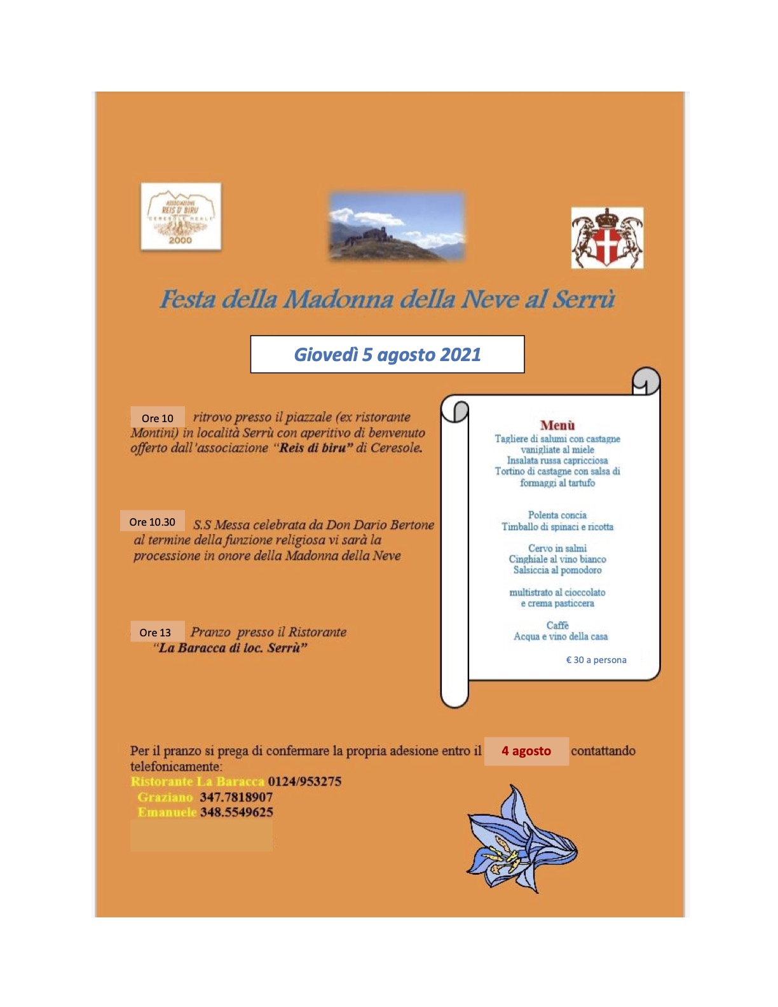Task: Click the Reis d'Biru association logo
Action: pos(181,217)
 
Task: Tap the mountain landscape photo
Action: pos(397,226)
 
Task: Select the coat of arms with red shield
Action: pos(607,238)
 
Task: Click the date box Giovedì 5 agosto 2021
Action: pos(387,354)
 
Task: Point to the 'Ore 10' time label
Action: pos(158,418)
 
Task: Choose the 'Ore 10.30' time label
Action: pos(153,522)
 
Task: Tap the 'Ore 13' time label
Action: pos(156,632)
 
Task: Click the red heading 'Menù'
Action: pos(557,425)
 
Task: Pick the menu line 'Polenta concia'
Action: pos(557,515)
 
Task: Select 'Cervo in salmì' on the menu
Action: pos(557,548)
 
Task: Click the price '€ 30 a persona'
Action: pos(596,660)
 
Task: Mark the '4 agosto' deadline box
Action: pos(526,751)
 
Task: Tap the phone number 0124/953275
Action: pos(304,781)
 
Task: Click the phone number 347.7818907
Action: pos(236,797)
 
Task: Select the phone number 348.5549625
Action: pos(236,812)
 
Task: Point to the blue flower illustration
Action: pos(522,839)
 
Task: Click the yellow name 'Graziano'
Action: pos(165,797)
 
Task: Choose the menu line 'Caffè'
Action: pos(557,625)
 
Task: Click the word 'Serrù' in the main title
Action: pos(583,299)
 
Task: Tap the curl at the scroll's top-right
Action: pos(646,381)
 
